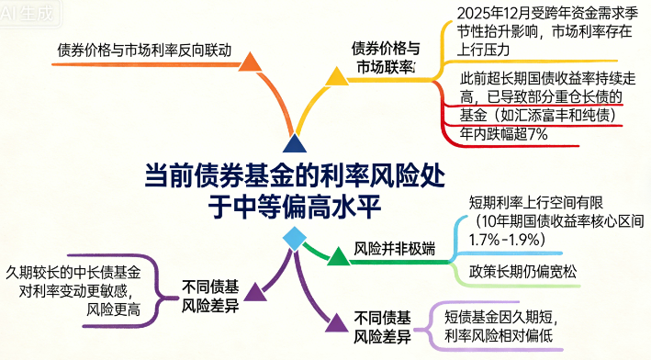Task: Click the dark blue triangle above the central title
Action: [294, 143]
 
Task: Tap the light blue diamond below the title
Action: [294, 239]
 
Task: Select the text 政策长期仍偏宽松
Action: [517, 270]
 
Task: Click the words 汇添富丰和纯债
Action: [561, 115]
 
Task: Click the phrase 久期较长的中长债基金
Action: [73, 273]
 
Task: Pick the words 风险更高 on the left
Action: [114, 310]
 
